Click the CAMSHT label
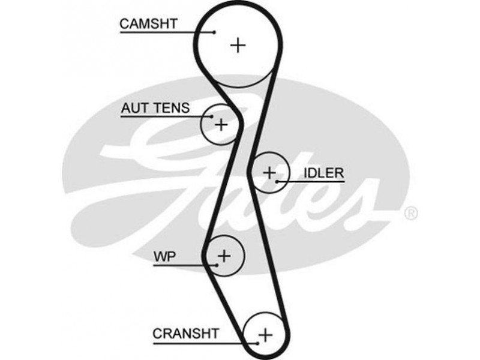coord(149,23)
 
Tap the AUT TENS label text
coord(155,109)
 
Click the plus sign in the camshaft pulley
coord(239,44)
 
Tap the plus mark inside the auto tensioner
coord(221,124)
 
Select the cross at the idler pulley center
coord(268,172)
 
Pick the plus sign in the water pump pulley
coord(224,256)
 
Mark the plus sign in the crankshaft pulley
coord(266,333)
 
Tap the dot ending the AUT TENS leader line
coord(212,116)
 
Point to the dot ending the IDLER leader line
coord(277,180)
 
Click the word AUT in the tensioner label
coord(133,109)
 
